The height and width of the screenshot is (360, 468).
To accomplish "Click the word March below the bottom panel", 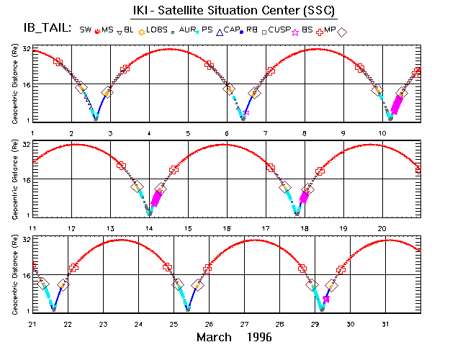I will point(214,337).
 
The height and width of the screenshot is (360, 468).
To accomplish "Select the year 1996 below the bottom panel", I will point(258,337).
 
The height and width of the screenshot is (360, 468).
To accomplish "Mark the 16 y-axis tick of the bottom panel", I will point(26,275).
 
